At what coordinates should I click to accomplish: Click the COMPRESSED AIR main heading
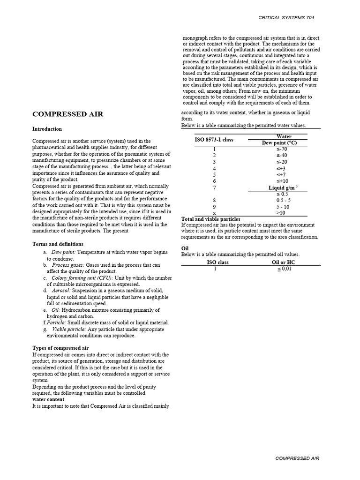click(67, 114)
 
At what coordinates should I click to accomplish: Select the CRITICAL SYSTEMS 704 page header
click(286, 17)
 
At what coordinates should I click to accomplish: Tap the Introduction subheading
click(47, 129)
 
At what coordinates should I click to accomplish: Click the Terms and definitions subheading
click(58, 244)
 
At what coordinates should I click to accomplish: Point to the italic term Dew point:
click(63, 252)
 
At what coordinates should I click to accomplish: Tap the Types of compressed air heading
click(60, 348)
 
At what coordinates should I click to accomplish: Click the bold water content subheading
click(48, 399)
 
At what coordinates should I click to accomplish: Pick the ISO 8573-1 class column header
click(214, 140)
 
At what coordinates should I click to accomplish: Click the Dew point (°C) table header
click(279, 143)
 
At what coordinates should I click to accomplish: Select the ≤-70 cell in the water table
click(281, 149)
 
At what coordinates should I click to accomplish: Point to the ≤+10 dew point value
click(281, 181)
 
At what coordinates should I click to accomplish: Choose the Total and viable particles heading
click(210, 219)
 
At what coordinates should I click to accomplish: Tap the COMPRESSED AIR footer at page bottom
click(297, 458)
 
